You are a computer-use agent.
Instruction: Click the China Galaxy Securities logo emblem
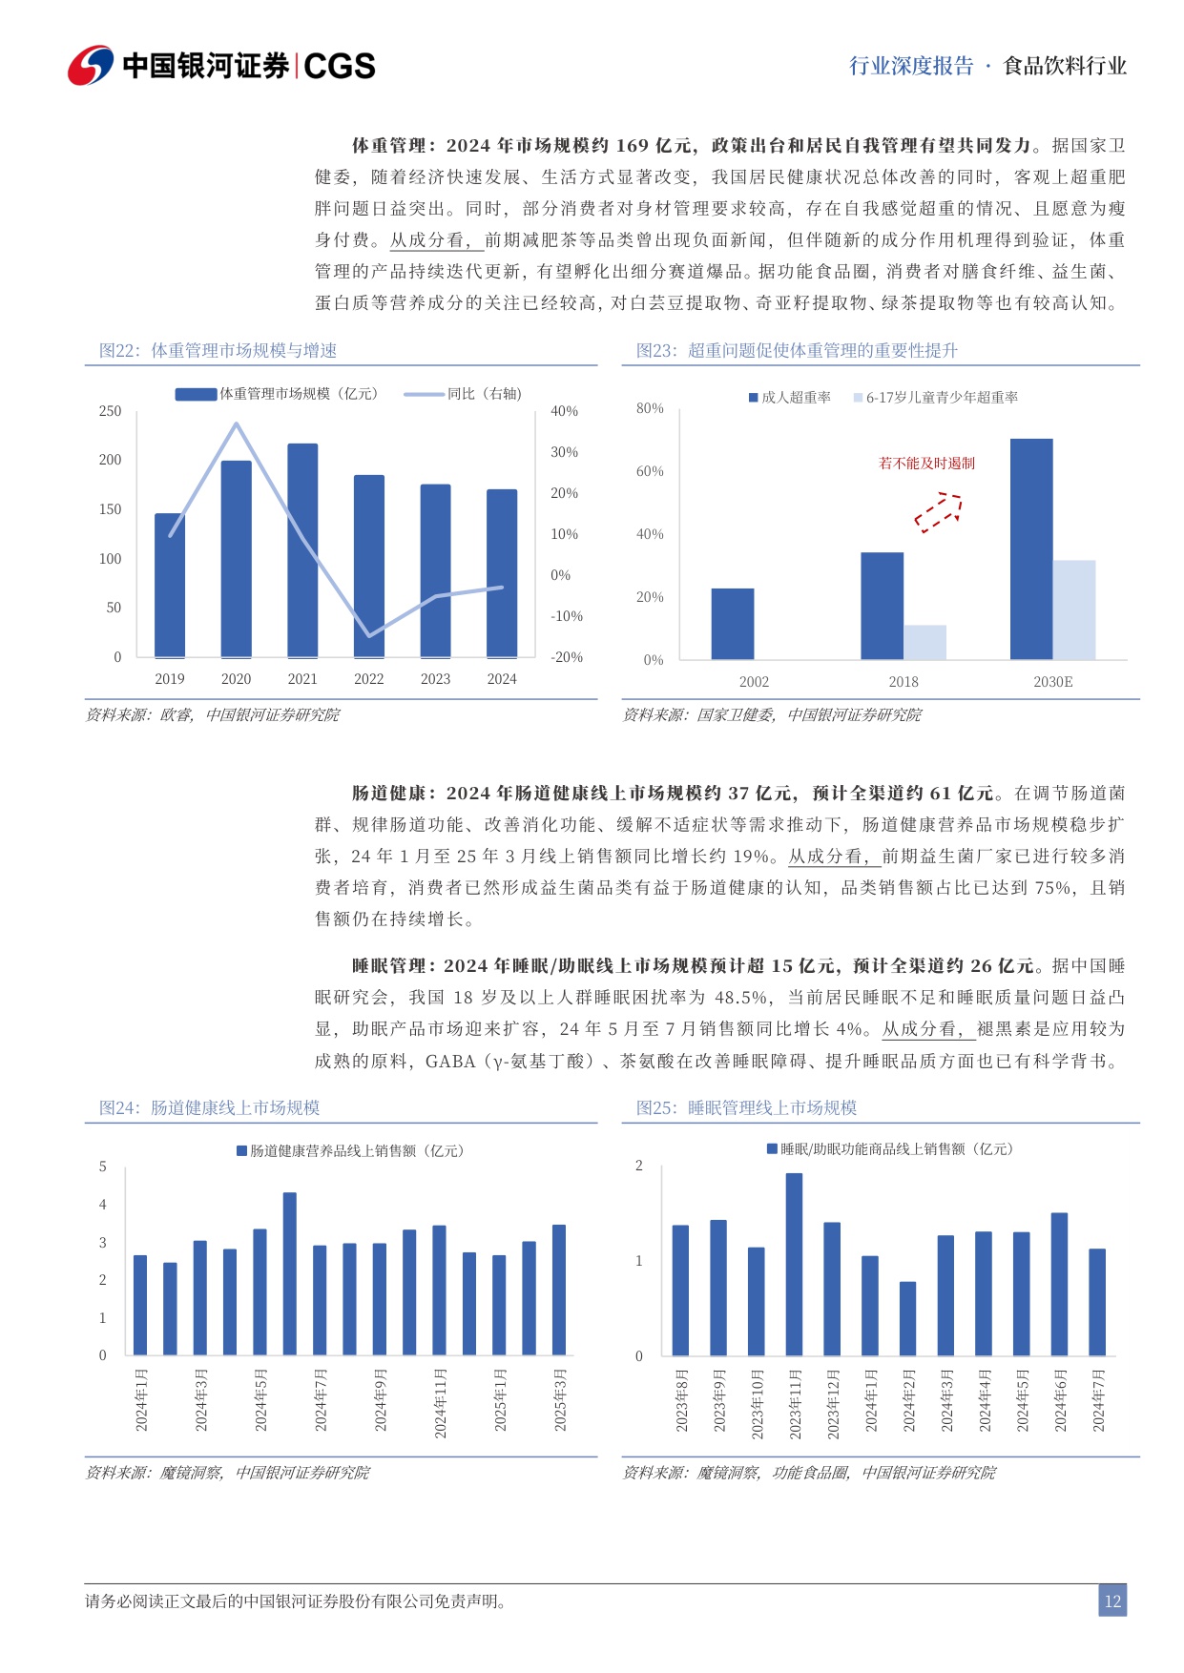[91, 66]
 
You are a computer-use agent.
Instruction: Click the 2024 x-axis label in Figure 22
[502, 679]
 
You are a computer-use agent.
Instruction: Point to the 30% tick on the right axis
[564, 452]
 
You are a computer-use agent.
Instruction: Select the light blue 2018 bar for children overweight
[924, 642]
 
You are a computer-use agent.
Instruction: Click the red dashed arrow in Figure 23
[939, 511]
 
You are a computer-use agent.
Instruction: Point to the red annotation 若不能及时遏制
[926, 464]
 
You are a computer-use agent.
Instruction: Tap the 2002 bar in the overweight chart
[733, 624]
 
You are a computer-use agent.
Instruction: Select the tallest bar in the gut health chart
[290, 1273]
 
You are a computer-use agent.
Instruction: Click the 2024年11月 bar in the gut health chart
[439, 1290]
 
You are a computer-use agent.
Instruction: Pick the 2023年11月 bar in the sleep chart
[794, 1264]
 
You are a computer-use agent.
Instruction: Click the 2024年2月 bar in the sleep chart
[907, 1318]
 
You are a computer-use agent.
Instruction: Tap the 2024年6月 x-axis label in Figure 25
[1060, 1400]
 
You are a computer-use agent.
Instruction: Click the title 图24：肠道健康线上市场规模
[210, 1107]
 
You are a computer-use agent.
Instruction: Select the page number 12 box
[1111, 1601]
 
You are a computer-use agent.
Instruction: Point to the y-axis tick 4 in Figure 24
[103, 1205]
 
